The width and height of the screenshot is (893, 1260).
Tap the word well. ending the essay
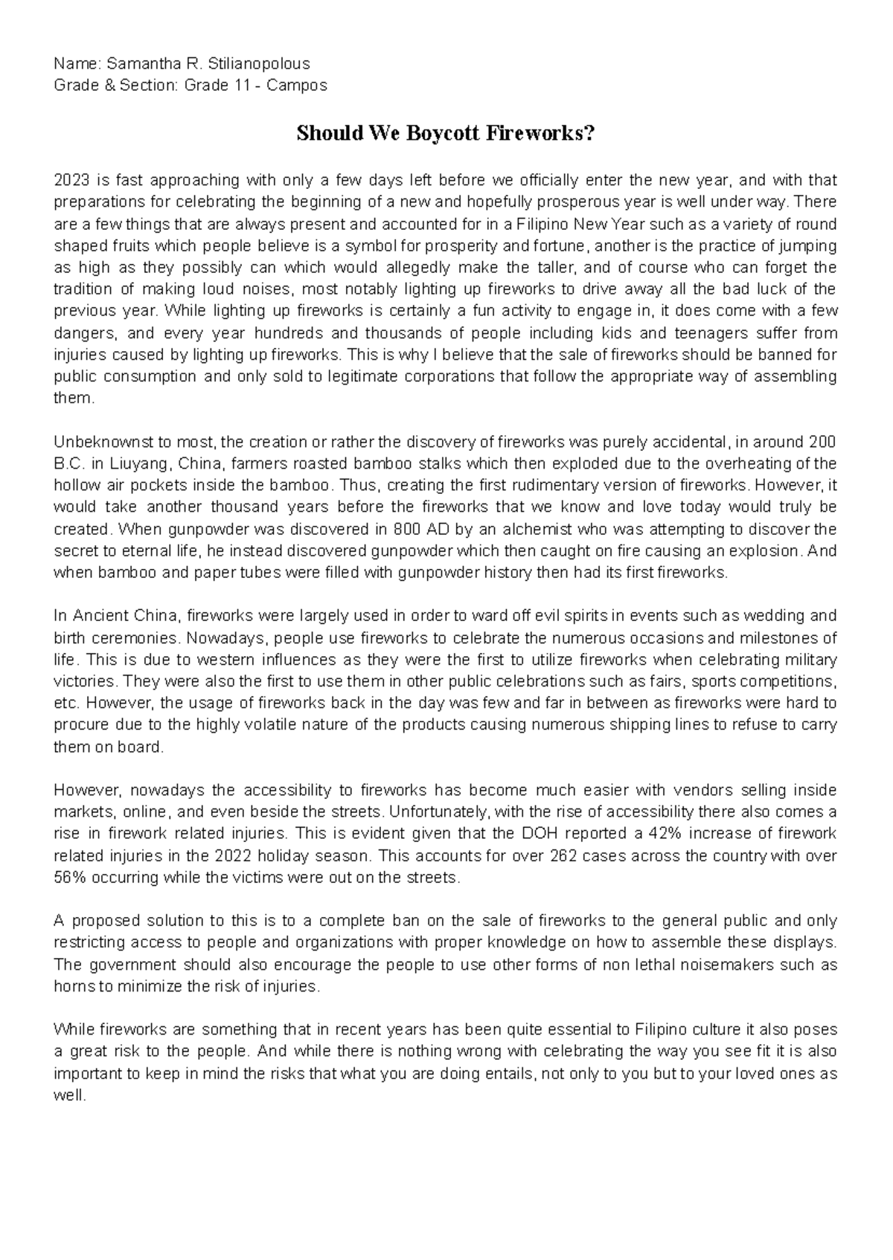(70, 1096)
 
